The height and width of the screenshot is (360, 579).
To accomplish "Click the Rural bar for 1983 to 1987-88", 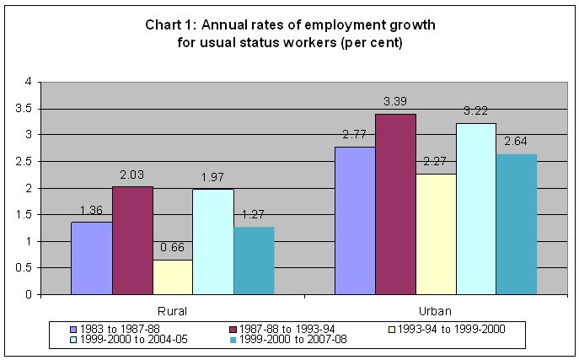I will [91, 258].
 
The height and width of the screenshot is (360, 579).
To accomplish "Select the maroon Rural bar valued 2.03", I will [132, 240].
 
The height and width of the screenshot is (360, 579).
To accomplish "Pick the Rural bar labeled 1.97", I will [213, 242].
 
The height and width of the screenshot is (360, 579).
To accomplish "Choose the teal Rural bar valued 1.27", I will [254, 261].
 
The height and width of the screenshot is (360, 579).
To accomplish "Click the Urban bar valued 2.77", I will [355, 221].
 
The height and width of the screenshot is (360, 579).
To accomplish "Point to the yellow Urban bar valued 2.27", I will [436, 234].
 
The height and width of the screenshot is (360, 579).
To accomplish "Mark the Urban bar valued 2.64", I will [517, 224].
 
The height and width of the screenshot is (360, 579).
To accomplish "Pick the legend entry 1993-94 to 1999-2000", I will [444, 329].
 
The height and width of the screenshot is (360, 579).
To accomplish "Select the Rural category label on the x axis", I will [172, 310].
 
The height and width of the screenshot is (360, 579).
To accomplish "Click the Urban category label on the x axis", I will [436, 310].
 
